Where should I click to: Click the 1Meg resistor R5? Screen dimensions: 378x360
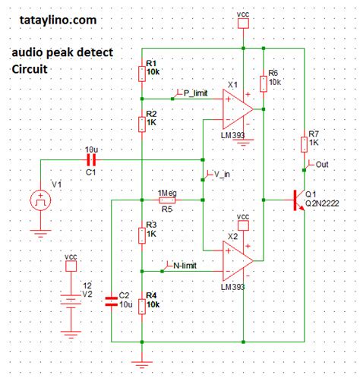[x=168, y=200]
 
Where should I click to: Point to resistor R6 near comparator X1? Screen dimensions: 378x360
[x=263, y=82]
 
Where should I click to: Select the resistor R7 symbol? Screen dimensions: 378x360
[x=304, y=143]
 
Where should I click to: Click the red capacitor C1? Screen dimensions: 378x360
[x=92, y=161]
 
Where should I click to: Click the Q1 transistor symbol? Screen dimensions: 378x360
[x=298, y=201]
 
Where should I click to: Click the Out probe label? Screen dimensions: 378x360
[x=318, y=165]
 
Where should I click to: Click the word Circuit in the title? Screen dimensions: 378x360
[x=29, y=69]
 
